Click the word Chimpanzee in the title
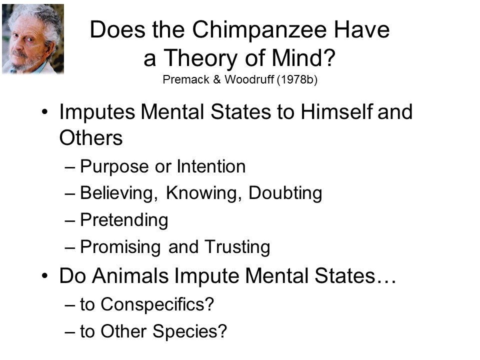point(260,30)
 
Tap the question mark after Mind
point(329,57)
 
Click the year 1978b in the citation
point(297,79)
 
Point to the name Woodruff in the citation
point(249,79)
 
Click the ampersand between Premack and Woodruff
point(216,79)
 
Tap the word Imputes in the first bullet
point(97,112)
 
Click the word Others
point(91,138)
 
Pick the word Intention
point(211,166)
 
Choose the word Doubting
point(285,194)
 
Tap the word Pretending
point(124,220)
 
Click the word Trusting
point(237,247)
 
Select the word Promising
point(120,247)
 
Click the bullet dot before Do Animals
point(44,276)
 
